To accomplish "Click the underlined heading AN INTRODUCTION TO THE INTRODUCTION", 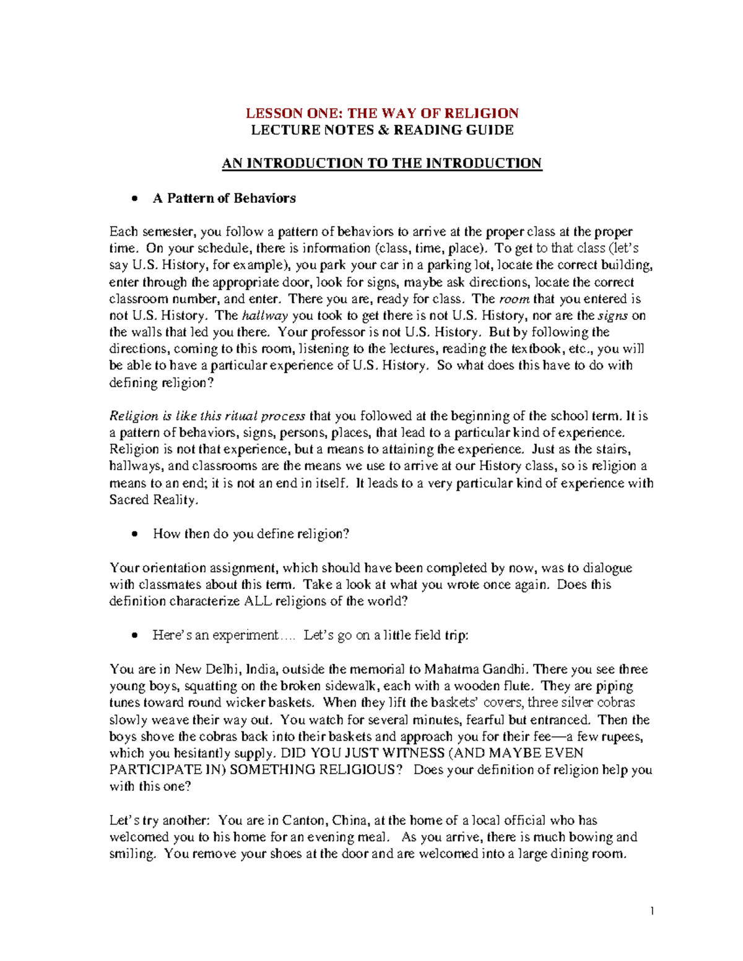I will tap(382, 163).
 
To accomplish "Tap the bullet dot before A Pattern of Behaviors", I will tap(134, 199).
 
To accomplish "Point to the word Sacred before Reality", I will tap(129, 500).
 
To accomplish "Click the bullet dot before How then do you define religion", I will tap(134, 535).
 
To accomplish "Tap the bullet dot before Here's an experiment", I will tap(134, 636).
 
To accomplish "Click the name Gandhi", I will tap(505, 670).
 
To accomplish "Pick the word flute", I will tap(518, 686).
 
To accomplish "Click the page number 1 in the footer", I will tap(652, 911).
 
